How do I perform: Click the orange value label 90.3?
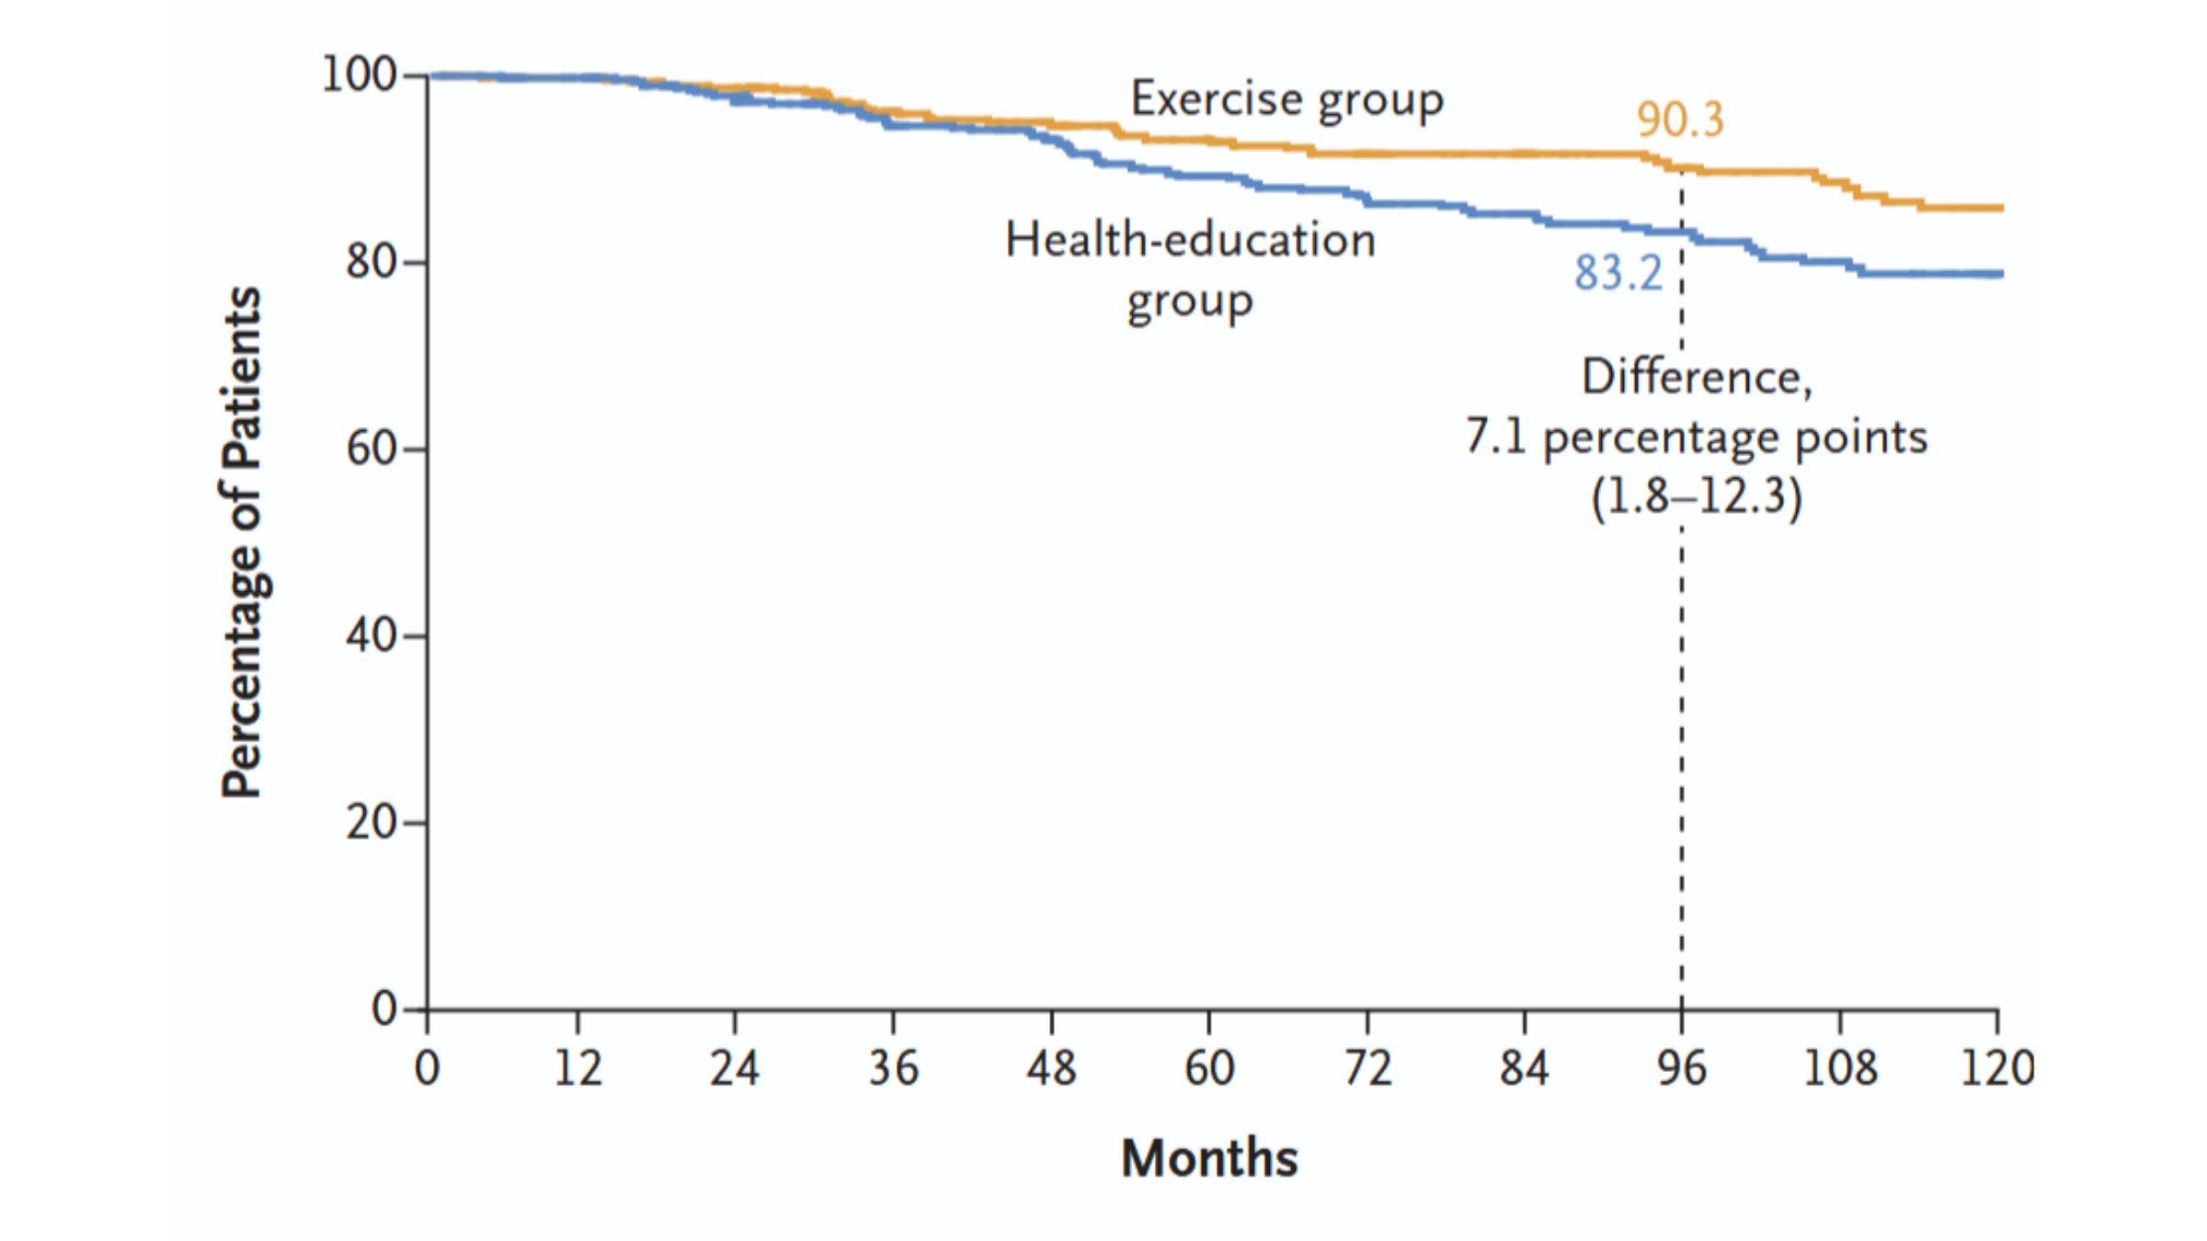coord(1679,120)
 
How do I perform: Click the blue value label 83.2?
coord(1618,273)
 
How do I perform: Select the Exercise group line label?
coord(1286,99)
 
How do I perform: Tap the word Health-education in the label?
coord(1190,240)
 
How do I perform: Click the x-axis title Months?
coord(1209,1157)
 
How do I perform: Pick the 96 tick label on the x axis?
coord(1682,1068)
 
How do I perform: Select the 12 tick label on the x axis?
coord(577,1068)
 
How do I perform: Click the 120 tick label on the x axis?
coord(1997,1068)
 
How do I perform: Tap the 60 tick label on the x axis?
coord(1208,1068)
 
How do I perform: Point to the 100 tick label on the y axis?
coord(359,74)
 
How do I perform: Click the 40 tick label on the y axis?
coord(372,635)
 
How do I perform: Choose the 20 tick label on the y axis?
coord(372,823)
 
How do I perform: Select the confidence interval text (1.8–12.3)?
coord(1697,496)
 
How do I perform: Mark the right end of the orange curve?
coord(2000,209)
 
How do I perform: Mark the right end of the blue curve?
coord(2000,274)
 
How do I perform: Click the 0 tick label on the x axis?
coord(427,1068)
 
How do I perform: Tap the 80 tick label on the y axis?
coord(372,262)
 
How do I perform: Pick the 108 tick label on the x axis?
coord(1839,1068)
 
